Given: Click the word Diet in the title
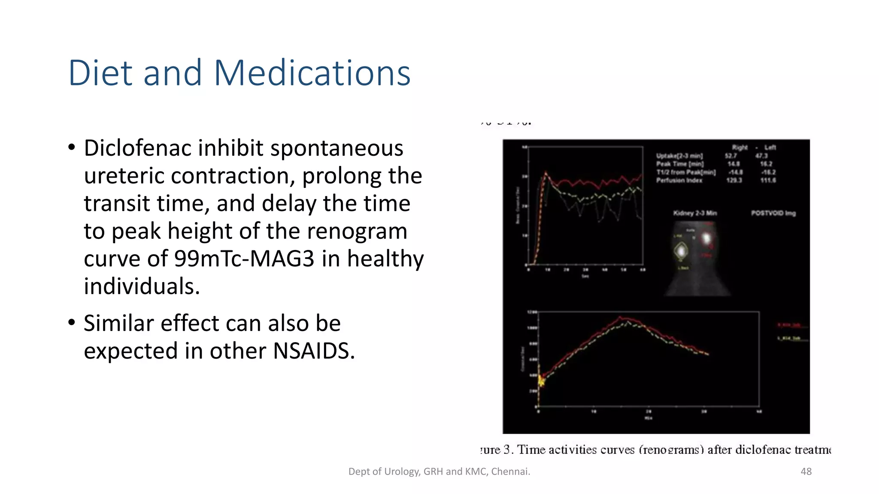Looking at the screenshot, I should (100, 73).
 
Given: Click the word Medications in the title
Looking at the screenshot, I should (312, 73).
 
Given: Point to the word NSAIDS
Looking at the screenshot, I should (313, 351).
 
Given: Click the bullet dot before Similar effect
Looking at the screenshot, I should (72, 322).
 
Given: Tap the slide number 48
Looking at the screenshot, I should (806, 471).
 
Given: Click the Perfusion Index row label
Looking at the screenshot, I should (679, 180).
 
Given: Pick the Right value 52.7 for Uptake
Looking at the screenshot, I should (730, 156).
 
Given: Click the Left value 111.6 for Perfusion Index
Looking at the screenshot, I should (768, 180).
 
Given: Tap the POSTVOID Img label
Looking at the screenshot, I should (773, 213).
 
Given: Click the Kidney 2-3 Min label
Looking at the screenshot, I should (694, 213).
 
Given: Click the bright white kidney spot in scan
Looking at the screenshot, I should (706, 238).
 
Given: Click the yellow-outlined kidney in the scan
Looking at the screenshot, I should (681, 250).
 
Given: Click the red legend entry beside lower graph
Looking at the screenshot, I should (789, 325).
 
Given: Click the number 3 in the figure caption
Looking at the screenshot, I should (507, 449).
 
